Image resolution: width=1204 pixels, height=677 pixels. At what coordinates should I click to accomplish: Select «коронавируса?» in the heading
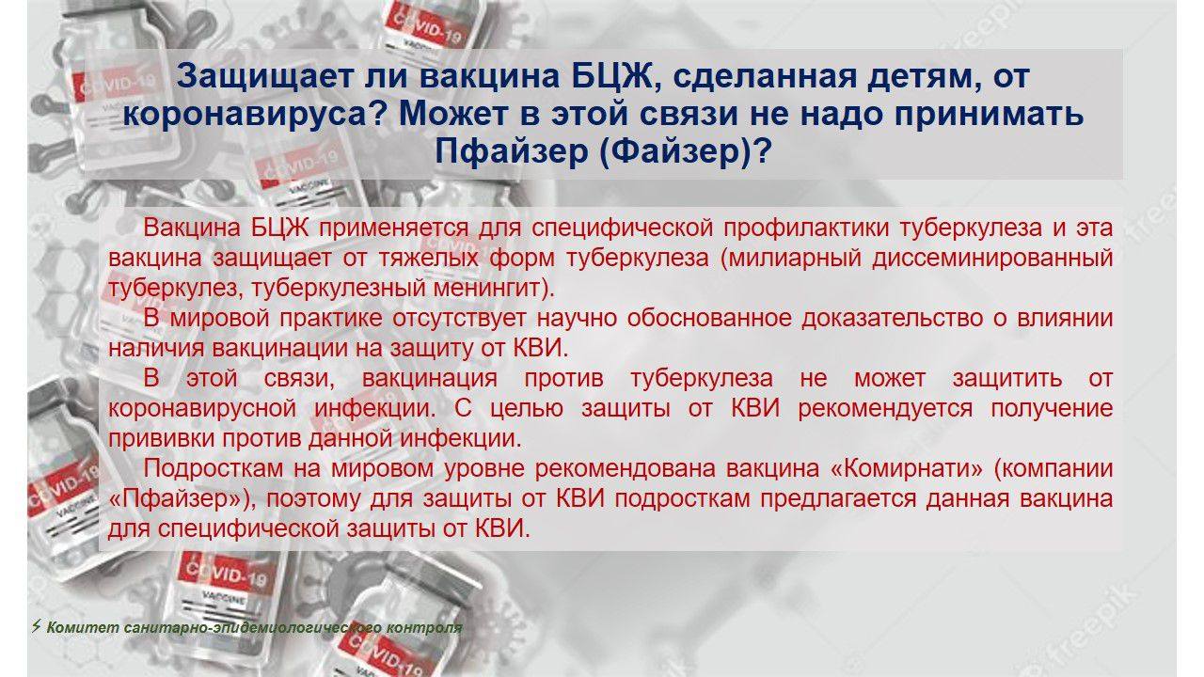pos(254,114)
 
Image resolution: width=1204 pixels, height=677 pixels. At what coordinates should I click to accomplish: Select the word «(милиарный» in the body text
pos(791,259)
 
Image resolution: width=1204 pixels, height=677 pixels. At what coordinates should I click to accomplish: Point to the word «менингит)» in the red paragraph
pos(490,289)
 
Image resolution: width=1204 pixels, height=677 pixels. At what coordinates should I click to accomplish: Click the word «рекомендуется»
pos(885,409)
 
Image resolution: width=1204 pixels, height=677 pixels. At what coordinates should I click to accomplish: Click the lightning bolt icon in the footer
pos(37,626)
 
